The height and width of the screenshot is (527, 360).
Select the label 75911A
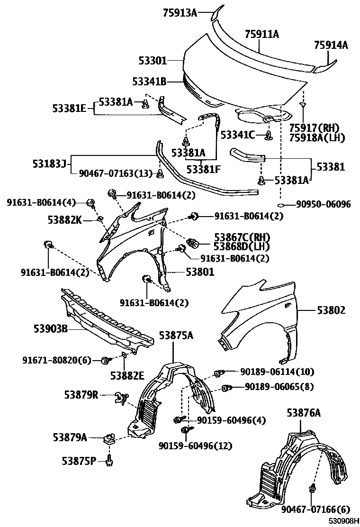pyautogui.click(x=261, y=34)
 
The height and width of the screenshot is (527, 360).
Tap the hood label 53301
pyautogui.click(x=153, y=61)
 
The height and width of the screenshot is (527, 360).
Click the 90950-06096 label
pyautogui.click(x=323, y=205)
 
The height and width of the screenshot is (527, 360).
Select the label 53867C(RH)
pyautogui.click(x=241, y=236)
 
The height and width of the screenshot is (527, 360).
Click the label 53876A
pyautogui.click(x=303, y=413)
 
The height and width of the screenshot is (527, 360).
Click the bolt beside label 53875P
pyautogui.click(x=110, y=460)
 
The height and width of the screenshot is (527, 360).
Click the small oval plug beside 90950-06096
pyautogui.click(x=281, y=205)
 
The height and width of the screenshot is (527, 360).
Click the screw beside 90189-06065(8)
pyautogui.click(x=226, y=389)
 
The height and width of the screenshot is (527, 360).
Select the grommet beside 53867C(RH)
pyautogui.click(x=193, y=243)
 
